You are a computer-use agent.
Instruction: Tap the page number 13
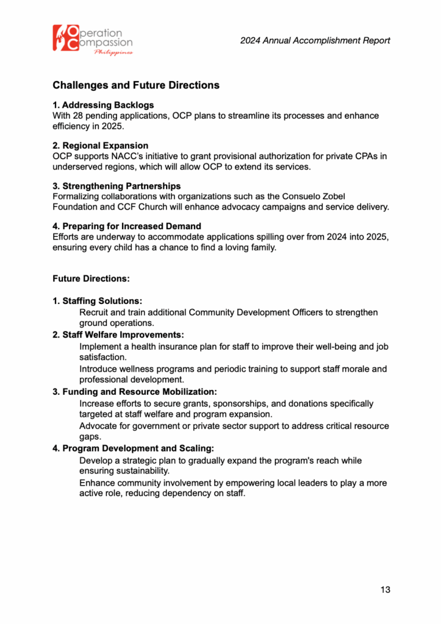tap(385, 589)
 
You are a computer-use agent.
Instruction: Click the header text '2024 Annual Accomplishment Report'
tap(315, 41)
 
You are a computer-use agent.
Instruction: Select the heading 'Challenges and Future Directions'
tap(136, 85)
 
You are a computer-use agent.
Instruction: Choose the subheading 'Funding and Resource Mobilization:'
tap(135, 391)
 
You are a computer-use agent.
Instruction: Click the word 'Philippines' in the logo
tap(113, 53)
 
